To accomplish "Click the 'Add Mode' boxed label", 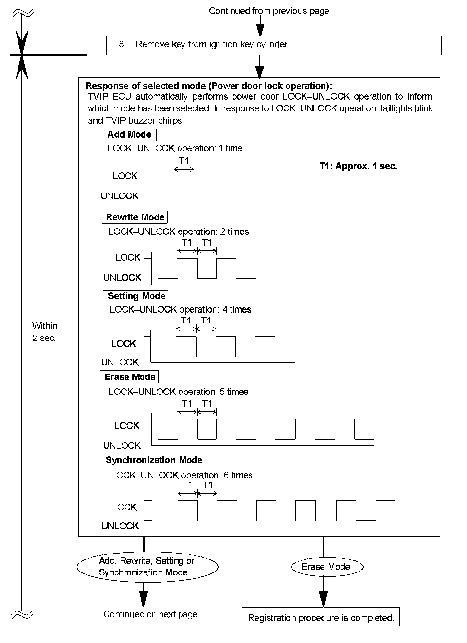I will coord(129,135).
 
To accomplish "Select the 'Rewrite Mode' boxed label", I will coord(135,217).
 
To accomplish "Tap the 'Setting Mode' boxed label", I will coord(136,296).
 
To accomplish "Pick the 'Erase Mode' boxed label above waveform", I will coord(130,377).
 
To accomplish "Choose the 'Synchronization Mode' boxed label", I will coord(154,460).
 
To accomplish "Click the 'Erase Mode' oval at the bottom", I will coord(326,567).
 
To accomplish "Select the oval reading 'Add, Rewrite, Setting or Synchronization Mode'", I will coord(146,567).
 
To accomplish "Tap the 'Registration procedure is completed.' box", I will coord(321,618).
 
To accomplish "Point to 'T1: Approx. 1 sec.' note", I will coord(358,166).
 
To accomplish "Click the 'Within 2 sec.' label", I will coord(44,332).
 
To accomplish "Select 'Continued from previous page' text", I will coord(269,11).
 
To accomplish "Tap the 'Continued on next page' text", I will coord(150,614).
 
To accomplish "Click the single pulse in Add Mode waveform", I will coord(184,187).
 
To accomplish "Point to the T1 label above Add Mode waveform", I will coord(184,160).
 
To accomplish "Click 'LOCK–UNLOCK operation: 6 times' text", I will coord(182,475).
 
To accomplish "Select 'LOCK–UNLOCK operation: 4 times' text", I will coord(180,309).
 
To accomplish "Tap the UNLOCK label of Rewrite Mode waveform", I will coord(122,278).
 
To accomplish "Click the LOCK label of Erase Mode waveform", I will coord(126,426).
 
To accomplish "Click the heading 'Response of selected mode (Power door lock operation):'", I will coord(209,86).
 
